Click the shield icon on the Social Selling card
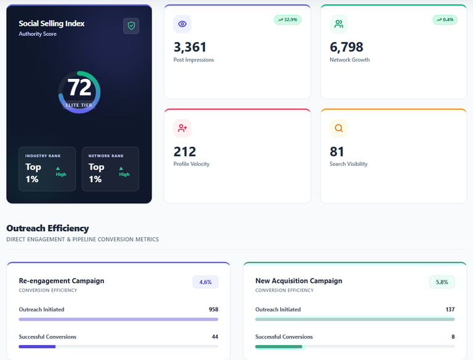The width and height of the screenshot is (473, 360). click(x=131, y=26)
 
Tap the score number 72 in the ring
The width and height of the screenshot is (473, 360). click(x=79, y=88)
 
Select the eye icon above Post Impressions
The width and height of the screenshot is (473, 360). click(x=182, y=24)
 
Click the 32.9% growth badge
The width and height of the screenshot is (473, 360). click(x=288, y=20)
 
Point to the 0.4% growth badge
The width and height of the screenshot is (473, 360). click(x=445, y=20)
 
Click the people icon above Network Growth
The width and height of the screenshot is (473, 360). click(x=339, y=24)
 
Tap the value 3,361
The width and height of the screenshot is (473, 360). click(x=190, y=47)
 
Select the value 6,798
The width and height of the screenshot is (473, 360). click(x=347, y=47)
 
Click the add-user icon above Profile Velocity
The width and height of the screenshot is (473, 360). click(x=182, y=128)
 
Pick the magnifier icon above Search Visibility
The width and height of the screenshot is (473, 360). click(x=339, y=128)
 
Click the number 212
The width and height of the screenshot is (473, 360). click(x=185, y=151)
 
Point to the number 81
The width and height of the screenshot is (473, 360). click(x=337, y=151)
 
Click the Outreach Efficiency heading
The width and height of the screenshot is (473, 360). click(x=47, y=228)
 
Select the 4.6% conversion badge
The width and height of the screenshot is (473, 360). click(x=205, y=282)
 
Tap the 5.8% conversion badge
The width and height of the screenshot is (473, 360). click(x=442, y=282)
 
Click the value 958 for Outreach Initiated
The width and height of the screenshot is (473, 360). click(x=213, y=309)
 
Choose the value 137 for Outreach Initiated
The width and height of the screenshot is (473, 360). click(x=450, y=309)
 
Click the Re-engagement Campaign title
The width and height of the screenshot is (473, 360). click(x=62, y=280)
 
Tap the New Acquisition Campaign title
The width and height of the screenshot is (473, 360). click(x=299, y=280)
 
